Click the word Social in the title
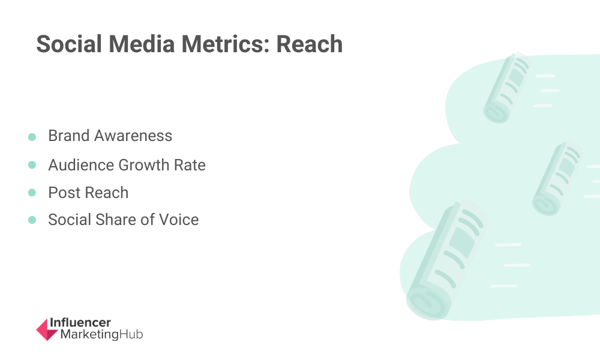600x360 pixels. (69, 44)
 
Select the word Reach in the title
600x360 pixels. (309, 44)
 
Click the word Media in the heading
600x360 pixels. (142, 44)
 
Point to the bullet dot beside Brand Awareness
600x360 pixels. (32, 137)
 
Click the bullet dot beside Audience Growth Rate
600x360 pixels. (32, 165)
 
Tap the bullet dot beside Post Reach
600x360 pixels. (32, 193)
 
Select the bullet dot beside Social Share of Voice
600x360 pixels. (32, 220)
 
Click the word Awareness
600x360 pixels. (133, 136)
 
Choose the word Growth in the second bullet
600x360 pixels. (144, 165)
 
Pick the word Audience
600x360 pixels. (82, 165)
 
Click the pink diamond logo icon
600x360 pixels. (47, 329)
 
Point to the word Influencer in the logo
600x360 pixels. (80, 323)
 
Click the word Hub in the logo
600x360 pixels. (131, 334)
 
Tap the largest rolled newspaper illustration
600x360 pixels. (446, 260)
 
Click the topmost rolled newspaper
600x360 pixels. (506, 88)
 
